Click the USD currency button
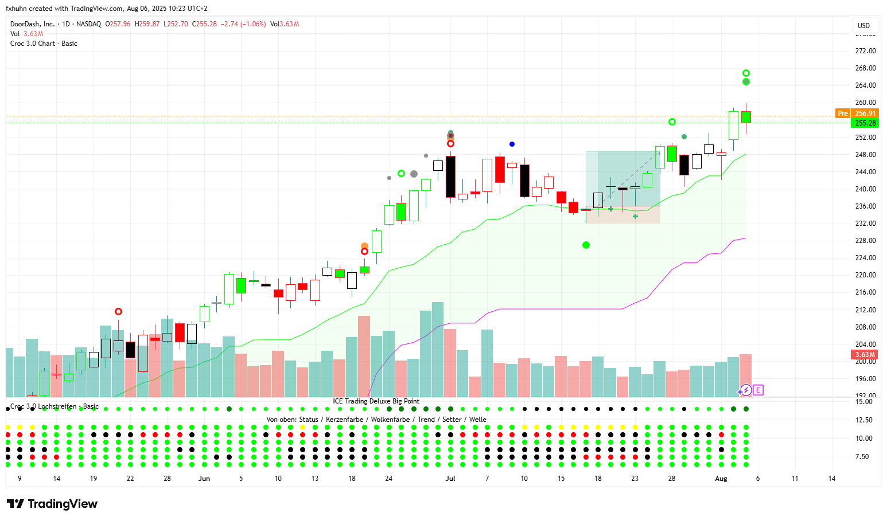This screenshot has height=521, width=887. click(863, 25)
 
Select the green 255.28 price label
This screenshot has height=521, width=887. click(865, 123)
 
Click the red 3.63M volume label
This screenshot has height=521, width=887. click(865, 355)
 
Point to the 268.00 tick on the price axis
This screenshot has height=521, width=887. click(865, 68)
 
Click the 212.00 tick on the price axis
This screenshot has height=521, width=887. click(865, 310)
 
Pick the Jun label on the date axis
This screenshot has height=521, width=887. click(204, 479)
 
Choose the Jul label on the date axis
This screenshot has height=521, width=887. click(450, 479)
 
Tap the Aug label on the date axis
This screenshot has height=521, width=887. click(721, 479)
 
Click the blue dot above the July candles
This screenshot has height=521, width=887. click(512, 144)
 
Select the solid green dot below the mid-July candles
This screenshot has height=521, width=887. click(586, 245)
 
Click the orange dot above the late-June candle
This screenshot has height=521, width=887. click(364, 246)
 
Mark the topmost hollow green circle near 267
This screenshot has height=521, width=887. click(746, 73)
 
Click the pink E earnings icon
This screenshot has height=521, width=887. click(758, 390)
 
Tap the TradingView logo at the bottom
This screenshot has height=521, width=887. click(52, 504)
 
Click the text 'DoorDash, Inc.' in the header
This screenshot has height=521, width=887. click(33, 24)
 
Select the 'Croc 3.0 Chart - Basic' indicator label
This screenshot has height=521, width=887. click(44, 44)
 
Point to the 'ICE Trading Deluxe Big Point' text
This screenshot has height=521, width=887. click(376, 401)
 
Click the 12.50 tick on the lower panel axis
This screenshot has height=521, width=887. click(863, 420)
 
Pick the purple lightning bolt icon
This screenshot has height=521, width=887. click(745, 390)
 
